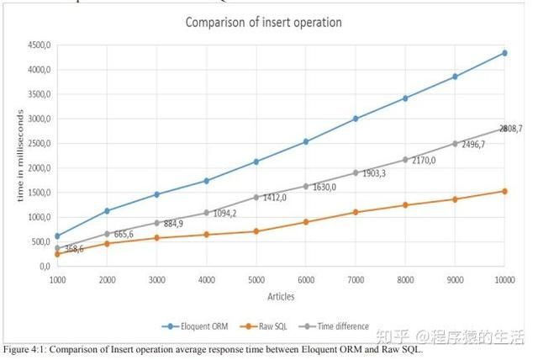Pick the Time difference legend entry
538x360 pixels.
(340, 326)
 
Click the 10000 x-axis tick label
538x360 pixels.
(504, 278)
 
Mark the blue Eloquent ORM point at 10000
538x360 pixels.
(504, 53)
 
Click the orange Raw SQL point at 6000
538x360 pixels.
(306, 222)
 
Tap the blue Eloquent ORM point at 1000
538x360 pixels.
(57, 236)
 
